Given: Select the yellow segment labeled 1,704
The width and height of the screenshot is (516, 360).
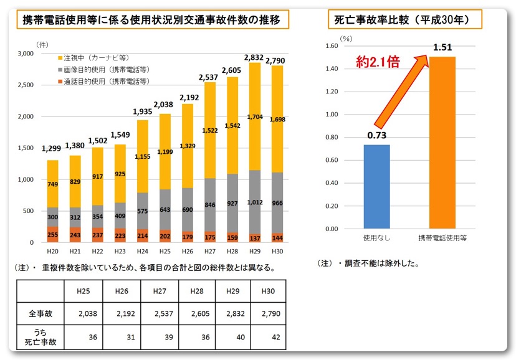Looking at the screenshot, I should pos(254,116).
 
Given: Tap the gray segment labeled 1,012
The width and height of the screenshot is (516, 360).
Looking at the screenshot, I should pos(254,202).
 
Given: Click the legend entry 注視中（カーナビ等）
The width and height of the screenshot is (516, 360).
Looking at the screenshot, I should pos(95,58).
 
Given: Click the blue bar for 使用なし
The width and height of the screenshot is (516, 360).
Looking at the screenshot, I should pos(376,187).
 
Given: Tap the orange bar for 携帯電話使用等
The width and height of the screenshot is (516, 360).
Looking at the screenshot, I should pos(442,142).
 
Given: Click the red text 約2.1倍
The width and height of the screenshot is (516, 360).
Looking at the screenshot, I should pos(378,62).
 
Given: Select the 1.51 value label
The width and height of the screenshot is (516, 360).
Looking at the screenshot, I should pos(442,48).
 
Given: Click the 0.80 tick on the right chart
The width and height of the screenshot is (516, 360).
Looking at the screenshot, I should pos(329,138).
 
